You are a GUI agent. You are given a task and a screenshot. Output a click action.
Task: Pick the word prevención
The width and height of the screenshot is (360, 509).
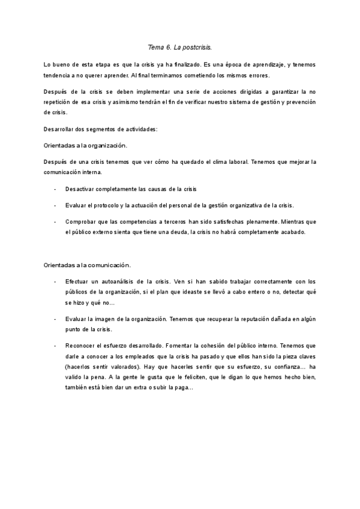pos(299,102)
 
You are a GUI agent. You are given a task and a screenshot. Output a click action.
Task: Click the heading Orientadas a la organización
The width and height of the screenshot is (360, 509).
pos(85,146)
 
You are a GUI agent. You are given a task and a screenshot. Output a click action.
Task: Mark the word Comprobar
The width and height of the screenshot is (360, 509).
pos(80,221)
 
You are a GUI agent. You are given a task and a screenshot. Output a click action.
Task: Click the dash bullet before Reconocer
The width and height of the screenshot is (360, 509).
pos(55,346)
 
